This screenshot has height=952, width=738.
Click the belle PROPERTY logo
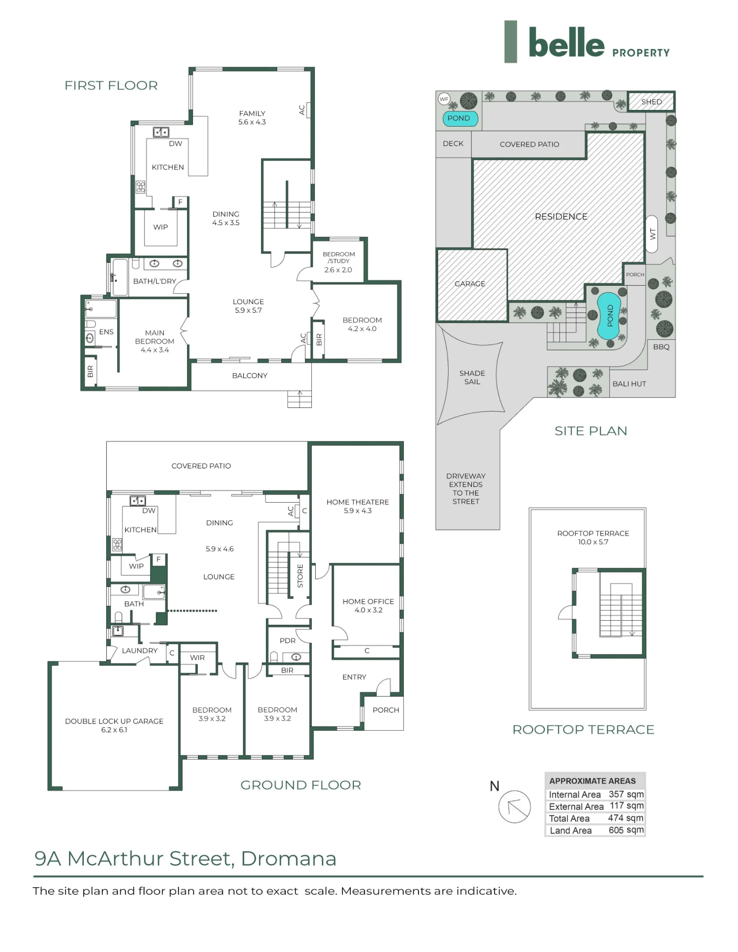coord(587,42)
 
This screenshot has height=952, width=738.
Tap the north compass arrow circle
coord(514,806)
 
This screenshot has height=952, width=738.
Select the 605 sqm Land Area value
coord(626,830)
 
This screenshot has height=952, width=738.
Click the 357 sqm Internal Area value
coord(626,794)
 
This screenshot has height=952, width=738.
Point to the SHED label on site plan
coord(651,102)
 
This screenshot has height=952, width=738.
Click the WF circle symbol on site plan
coord(444,99)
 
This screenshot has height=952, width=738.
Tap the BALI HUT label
coord(629,384)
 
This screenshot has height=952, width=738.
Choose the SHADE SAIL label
coord(472,377)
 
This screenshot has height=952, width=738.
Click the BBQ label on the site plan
coord(661,347)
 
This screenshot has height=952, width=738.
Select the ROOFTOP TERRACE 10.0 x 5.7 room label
coord(593,537)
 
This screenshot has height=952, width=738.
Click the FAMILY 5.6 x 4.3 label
coord(252,118)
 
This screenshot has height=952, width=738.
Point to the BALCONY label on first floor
coord(249,376)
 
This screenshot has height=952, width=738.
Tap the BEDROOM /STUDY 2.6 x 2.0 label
coord(339,262)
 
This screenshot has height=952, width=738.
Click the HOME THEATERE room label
coord(358,502)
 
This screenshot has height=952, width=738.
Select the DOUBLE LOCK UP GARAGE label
coord(114,721)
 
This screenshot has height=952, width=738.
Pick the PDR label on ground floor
coord(288,641)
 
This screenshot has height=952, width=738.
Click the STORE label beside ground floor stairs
coord(300,576)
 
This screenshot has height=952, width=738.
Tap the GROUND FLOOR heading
coord(300,785)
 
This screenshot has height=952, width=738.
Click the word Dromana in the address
coord(289,859)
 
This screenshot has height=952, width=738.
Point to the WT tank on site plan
coord(652,234)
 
